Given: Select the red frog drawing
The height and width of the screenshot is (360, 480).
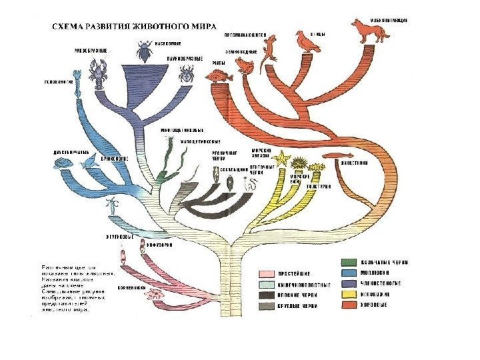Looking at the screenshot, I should pyautogui.click(x=244, y=65).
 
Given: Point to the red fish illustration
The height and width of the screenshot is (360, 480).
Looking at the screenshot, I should pyautogui.click(x=219, y=77).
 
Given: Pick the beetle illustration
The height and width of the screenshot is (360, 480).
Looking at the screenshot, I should pyautogui.click(x=144, y=51).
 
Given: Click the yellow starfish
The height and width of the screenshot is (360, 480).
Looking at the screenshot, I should pyautogui.click(x=281, y=159).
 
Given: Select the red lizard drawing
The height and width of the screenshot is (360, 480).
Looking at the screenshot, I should pyautogui.click(x=270, y=49).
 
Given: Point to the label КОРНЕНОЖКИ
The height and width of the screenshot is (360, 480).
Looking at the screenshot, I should pyautogui.click(x=132, y=288).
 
